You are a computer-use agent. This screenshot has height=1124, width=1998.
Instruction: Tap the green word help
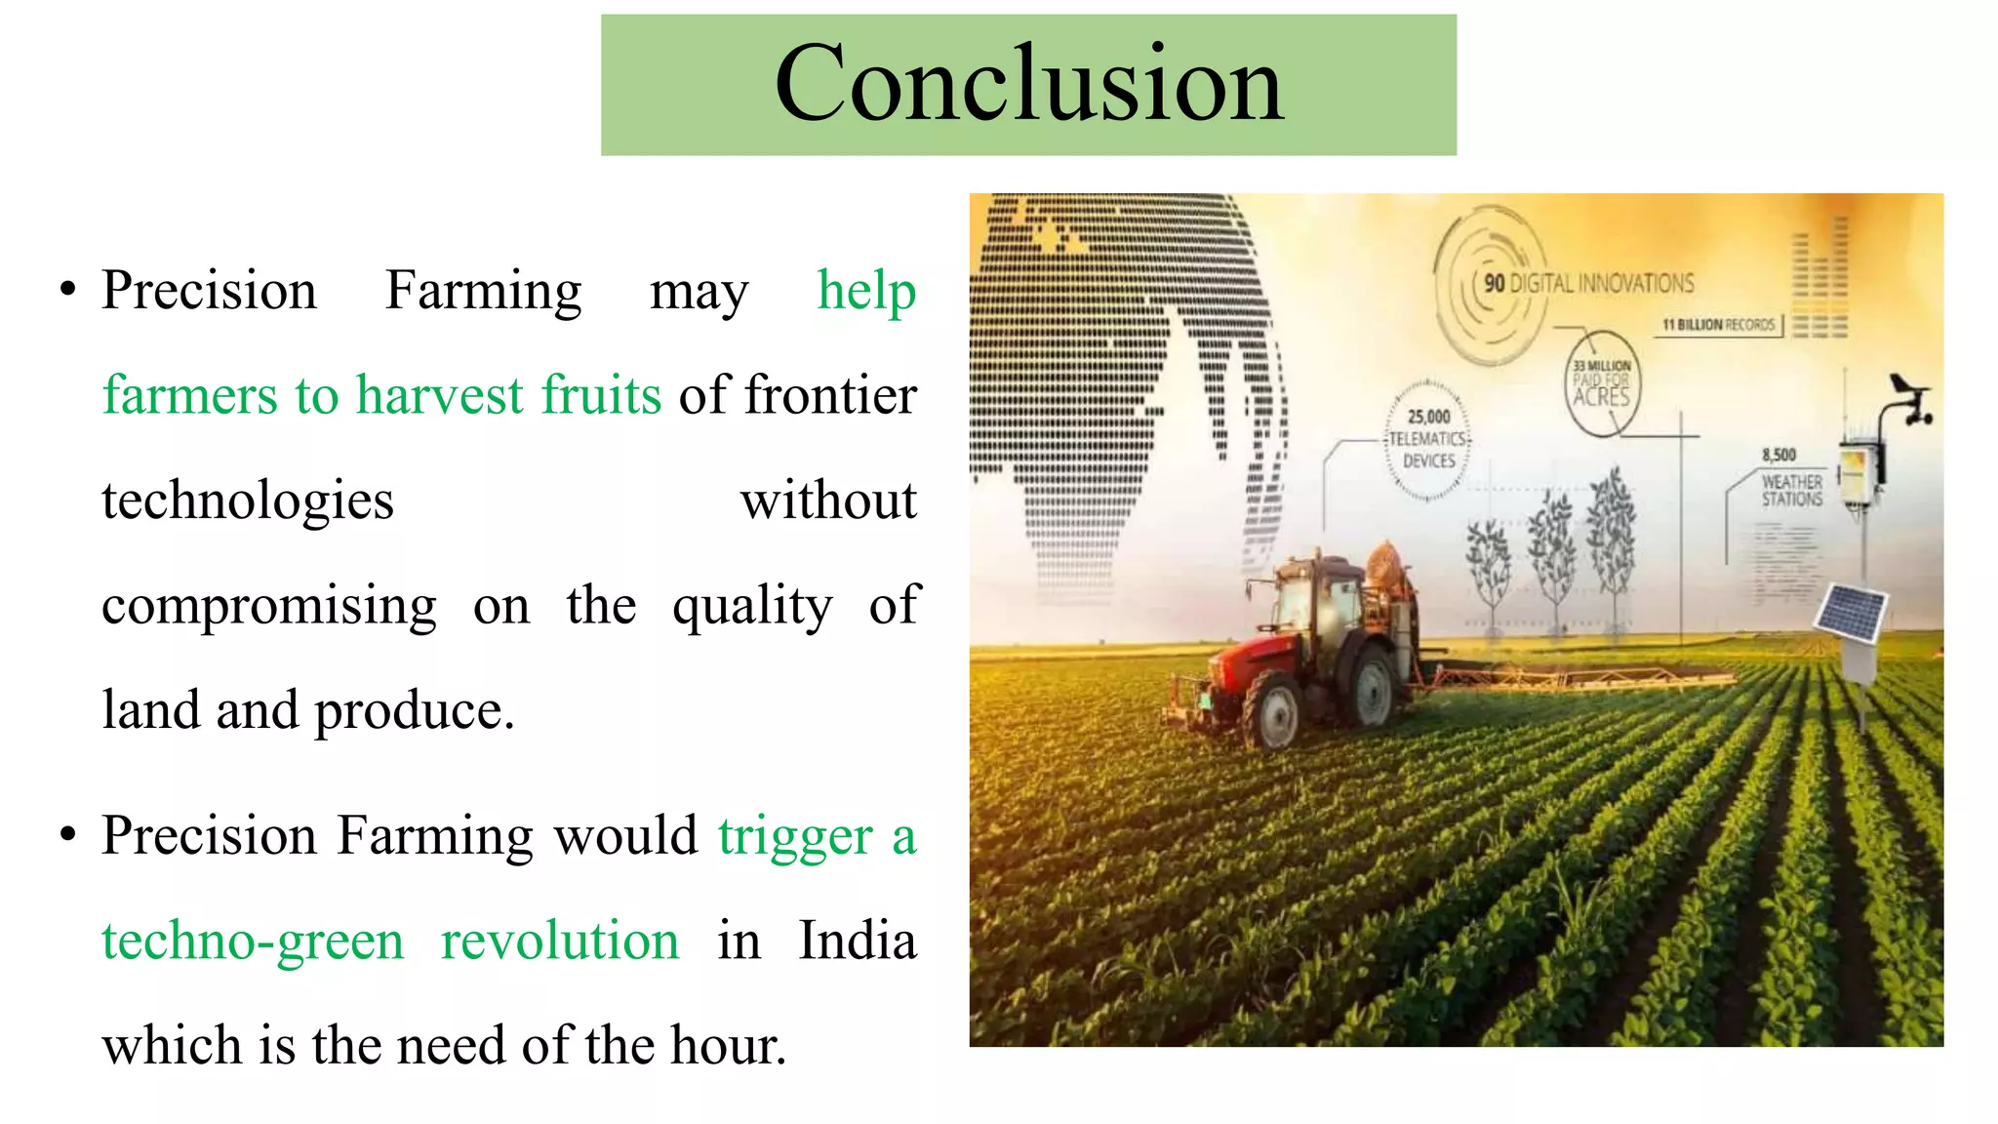[866, 291]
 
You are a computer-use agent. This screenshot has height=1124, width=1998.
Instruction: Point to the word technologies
[248, 501]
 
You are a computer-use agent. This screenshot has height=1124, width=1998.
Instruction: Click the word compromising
[269, 606]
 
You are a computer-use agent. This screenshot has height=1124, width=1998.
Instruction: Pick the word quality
[752, 606]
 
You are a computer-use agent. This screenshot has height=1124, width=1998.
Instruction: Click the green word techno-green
[253, 941]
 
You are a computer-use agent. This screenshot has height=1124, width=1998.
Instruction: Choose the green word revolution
[559, 941]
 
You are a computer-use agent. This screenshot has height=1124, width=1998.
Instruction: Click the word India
[857, 941]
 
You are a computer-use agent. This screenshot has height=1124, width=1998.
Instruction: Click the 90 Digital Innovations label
[1588, 284]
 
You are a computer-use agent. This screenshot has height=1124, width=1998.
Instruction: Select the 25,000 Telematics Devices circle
[1428, 439]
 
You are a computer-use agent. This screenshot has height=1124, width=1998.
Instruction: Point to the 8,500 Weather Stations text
[1790, 479]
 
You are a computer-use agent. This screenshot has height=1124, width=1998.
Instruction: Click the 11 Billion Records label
[1718, 325]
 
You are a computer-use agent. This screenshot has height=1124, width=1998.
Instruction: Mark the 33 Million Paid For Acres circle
[1602, 382]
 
